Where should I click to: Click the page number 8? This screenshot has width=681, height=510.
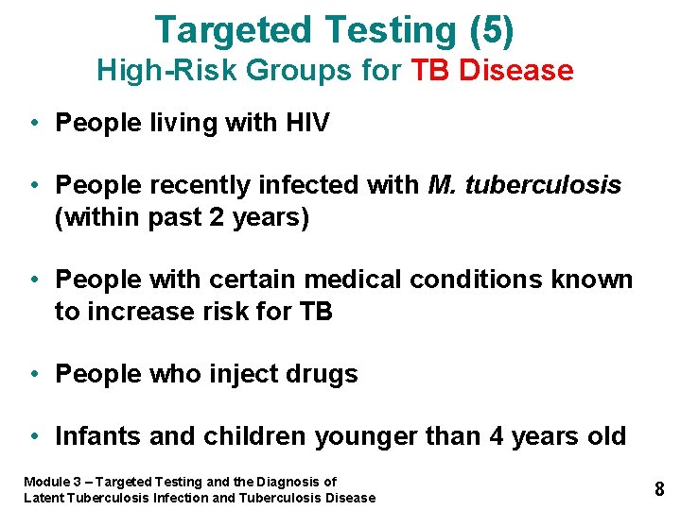click(x=659, y=489)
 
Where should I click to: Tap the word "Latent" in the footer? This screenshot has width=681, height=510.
click(x=44, y=498)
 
